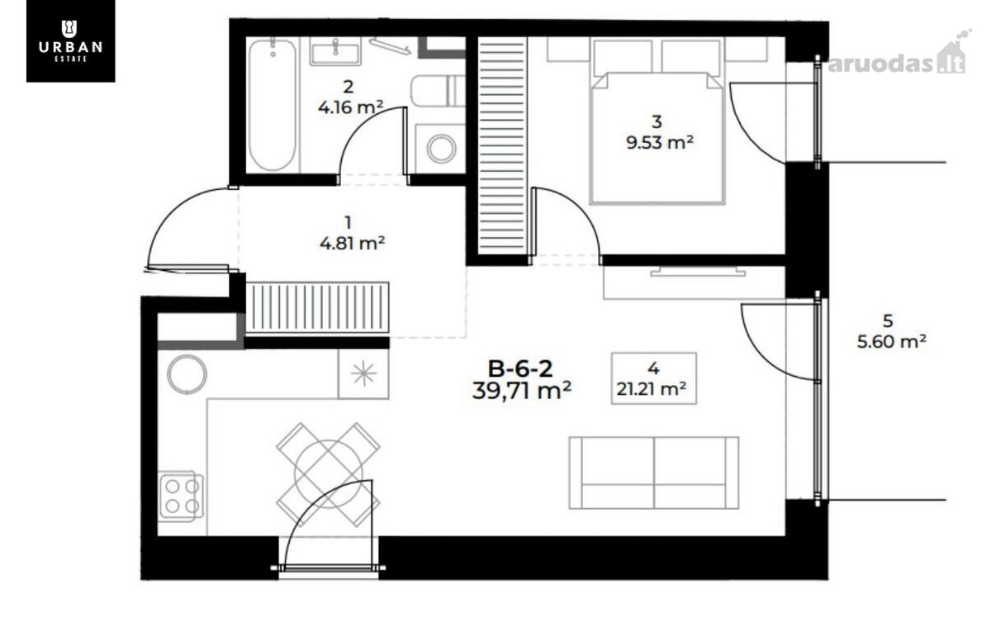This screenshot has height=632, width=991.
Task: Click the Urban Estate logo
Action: click(71, 40)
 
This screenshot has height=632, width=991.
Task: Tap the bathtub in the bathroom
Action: click(272, 106)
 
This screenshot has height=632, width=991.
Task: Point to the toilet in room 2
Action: click(438, 91)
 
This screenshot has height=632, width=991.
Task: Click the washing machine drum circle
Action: click(441, 148)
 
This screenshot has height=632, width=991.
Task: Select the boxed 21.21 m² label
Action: click(654, 378)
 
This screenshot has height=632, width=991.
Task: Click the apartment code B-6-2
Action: click(520, 368)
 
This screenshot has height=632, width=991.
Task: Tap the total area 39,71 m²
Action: click(522, 391)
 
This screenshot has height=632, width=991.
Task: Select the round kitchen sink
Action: click(187, 374)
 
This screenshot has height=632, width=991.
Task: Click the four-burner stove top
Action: click(182, 496)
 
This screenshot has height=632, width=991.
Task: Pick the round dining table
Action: click(329, 474)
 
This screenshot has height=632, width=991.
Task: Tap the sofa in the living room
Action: click(654, 473)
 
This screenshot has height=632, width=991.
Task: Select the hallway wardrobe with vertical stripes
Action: click(317, 307)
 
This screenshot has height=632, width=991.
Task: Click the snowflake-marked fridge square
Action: click(363, 373)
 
